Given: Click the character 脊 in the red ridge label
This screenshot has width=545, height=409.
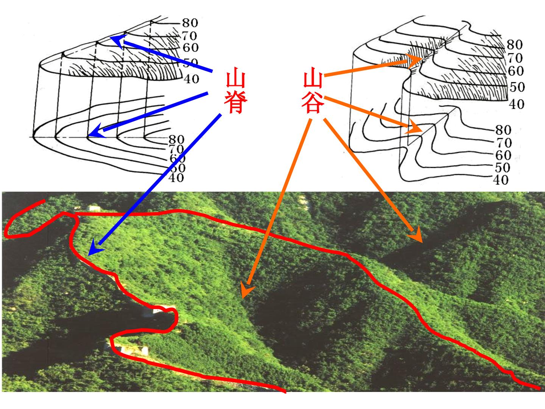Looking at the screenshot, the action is pyautogui.click(x=236, y=102).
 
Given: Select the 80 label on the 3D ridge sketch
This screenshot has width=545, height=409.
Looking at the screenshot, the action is pyautogui.click(x=190, y=23).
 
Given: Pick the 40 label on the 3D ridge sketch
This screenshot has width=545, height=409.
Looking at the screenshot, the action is pyautogui.click(x=192, y=79).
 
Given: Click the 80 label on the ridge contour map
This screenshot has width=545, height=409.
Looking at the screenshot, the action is pyautogui.click(x=176, y=140).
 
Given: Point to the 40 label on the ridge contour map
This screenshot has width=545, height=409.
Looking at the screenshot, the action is pyautogui.click(x=176, y=178).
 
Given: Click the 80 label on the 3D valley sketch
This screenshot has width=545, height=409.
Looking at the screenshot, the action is pyautogui.click(x=515, y=45).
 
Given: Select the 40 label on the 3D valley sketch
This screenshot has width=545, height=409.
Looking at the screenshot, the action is pyautogui.click(x=517, y=105).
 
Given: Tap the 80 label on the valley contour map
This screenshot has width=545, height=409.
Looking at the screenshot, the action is pyautogui.click(x=503, y=130).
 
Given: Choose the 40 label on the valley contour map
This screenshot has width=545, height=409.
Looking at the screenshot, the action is pyautogui.click(x=501, y=180).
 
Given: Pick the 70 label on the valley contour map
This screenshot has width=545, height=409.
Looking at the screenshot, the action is pyautogui.click(x=504, y=143).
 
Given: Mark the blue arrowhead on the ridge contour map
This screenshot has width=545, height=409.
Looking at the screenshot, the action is pyautogui.click(x=97, y=131).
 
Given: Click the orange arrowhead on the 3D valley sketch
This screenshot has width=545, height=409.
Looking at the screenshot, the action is pyautogui.click(x=414, y=60).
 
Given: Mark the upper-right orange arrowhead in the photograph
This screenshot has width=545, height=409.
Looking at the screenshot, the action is pyautogui.click(x=416, y=235).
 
